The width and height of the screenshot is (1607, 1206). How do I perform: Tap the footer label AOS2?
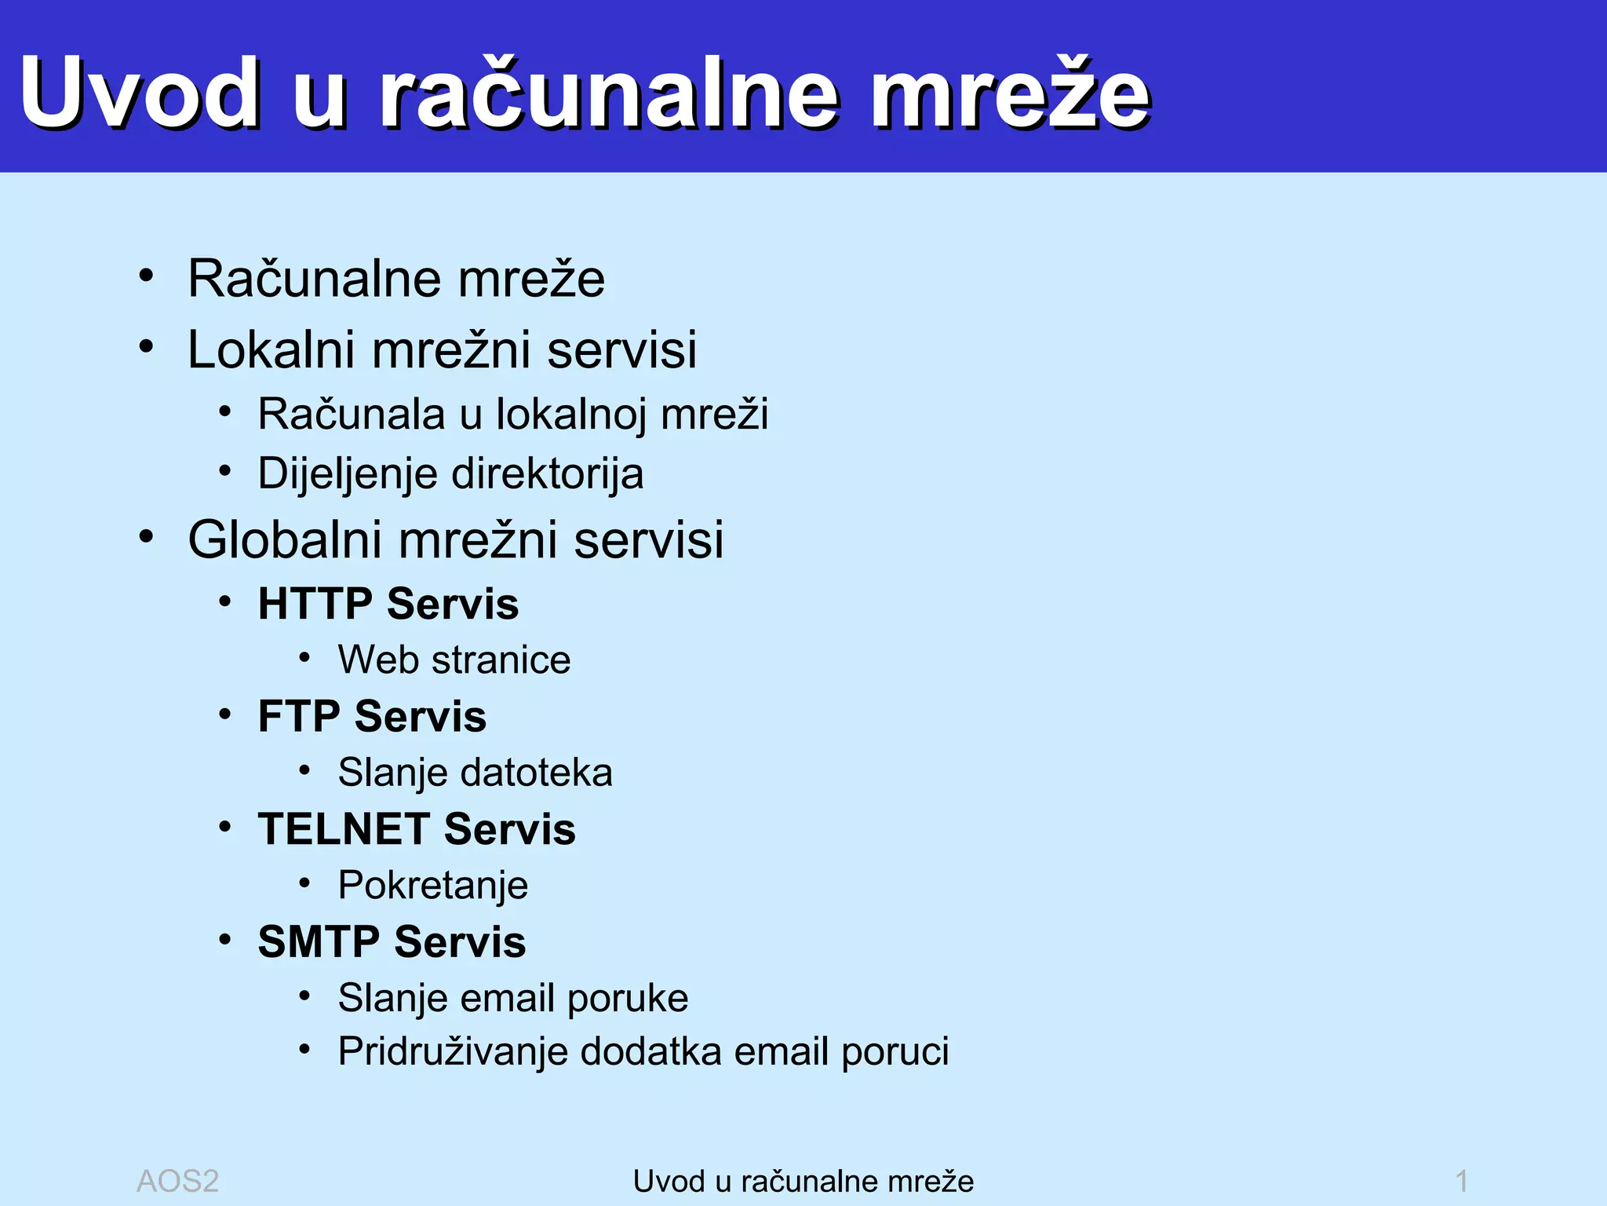coord(177,1181)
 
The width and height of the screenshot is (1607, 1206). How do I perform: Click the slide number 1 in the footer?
coord(1461,1181)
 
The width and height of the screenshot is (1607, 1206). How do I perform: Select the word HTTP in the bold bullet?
coord(315,604)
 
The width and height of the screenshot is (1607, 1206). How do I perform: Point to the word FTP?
coord(299,716)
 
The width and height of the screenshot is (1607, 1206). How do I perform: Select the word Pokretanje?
coord(433,886)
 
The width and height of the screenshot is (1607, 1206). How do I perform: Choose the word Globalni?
coord(286,540)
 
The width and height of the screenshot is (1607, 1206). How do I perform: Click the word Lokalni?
coord(271,349)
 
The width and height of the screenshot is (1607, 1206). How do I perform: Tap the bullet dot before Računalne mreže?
coord(146,276)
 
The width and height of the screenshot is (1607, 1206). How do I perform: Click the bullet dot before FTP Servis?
coord(225,714)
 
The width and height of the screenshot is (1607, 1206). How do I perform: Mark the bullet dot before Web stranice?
coord(304,658)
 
